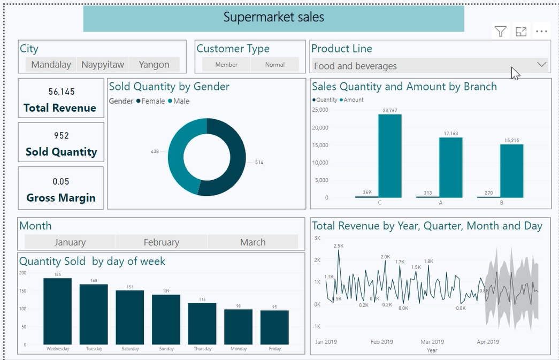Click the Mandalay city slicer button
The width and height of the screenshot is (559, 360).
click(51, 65)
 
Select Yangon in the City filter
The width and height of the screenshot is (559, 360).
click(154, 65)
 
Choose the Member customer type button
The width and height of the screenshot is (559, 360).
click(226, 65)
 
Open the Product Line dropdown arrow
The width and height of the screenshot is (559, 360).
click(541, 65)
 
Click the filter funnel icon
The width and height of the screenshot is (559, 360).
click(500, 32)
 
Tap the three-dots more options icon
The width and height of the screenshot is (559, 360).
click(541, 32)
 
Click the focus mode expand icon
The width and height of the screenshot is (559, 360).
click(521, 32)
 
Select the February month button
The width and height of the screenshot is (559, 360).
click(161, 242)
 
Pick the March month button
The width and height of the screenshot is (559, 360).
click(252, 242)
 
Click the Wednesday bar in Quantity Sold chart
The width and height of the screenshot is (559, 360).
click(58, 311)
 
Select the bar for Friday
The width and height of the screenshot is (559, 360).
click(274, 327)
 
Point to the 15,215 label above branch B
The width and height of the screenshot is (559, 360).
click(511, 141)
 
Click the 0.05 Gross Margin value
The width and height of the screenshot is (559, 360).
click(61, 182)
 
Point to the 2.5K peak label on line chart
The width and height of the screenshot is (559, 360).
click(338, 246)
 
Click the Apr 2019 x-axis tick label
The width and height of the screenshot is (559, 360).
click(487, 342)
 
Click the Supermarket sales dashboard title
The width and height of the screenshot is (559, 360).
click(273, 18)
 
